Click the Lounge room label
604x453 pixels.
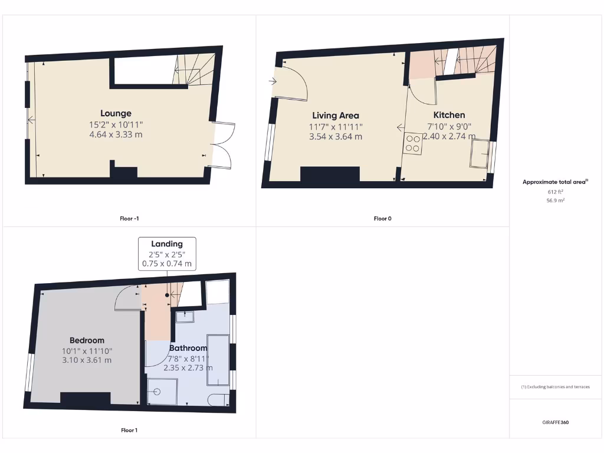(x=116, y=113)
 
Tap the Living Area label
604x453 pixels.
(x=335, y=116)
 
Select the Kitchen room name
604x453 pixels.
(x=449, y=115)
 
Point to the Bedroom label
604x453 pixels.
(x=87, y=340)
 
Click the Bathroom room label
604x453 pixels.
(x=189, y=348)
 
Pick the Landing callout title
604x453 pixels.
(x=167, y=244)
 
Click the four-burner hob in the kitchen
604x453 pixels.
(x=413, y=144)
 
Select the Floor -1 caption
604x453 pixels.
(x=129, y=219)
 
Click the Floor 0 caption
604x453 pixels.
(x=382, y=219)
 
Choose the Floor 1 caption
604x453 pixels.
(x=129, y=430)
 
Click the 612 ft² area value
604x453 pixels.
(x=556, y=192)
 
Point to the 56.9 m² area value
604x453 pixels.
(x=556, y=201)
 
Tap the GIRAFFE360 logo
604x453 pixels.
(x=556, y=422)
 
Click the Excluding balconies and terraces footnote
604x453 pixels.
(x=555, y=387)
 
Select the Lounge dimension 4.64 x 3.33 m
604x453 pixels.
(x=116, y=134)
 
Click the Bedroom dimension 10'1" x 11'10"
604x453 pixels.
(x=87, y=351)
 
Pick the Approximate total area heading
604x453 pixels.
(x=555, y=182)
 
